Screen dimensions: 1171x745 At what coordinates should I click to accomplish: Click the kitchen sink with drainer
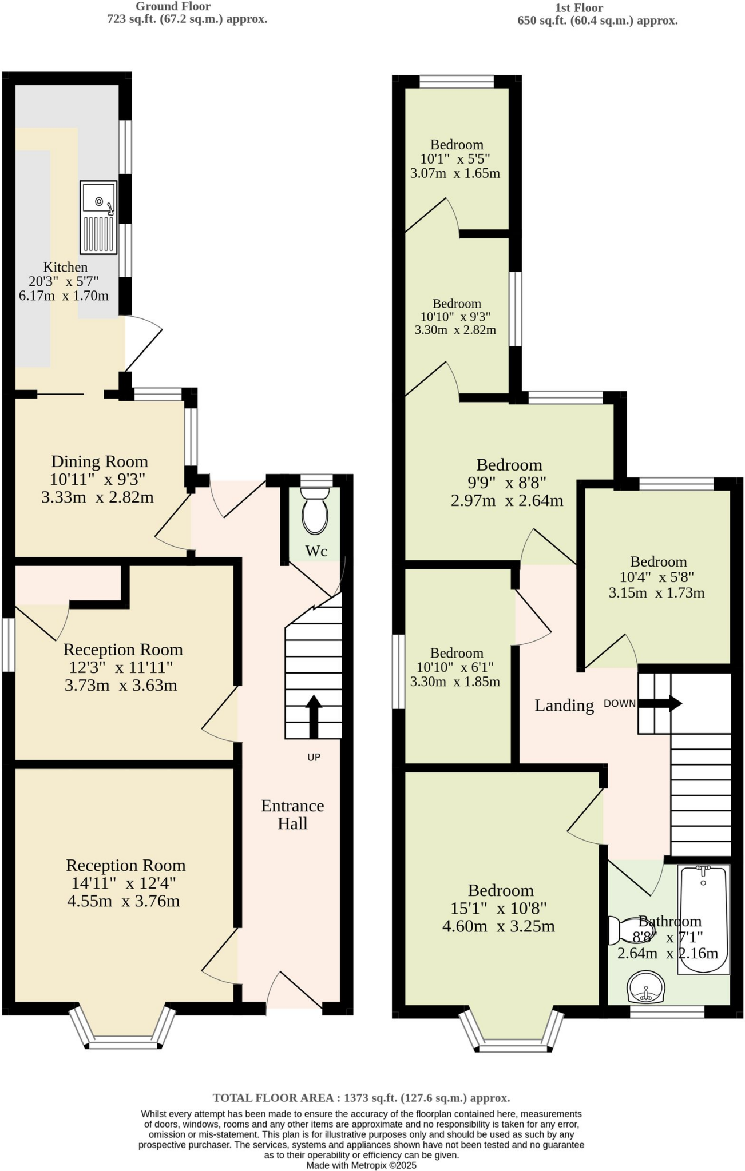tap(98, 217)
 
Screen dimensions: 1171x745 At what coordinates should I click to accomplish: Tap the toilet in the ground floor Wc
tap(315, 511)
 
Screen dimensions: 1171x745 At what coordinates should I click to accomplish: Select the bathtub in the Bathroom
tap(703, 919)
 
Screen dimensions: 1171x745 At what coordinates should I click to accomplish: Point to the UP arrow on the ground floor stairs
tap(313, 716)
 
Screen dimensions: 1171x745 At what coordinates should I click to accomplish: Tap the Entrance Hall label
tap(292, 814)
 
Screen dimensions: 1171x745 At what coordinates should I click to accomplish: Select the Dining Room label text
tap(100, 461)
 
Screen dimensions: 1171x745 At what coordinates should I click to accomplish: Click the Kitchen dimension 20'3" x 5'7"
tap(64, 281)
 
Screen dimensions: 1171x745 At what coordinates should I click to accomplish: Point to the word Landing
tap(564, 706)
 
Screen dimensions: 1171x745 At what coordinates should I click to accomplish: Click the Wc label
tap(316, 551)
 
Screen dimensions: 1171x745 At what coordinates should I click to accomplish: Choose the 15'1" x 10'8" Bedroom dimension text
tap(498, 908)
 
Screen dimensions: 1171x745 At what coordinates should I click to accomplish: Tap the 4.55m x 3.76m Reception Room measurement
tap(123, 901)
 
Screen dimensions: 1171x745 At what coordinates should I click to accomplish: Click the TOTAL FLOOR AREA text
tap(361, 1097)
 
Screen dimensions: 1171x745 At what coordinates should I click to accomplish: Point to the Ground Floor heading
tap(173, 7)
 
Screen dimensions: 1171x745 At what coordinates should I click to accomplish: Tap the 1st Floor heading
tap(578, 8)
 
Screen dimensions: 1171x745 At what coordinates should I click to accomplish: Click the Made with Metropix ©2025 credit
tap(361, 1165)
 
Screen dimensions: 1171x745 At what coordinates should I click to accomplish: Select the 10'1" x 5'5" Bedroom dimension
tap(455, 159)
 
